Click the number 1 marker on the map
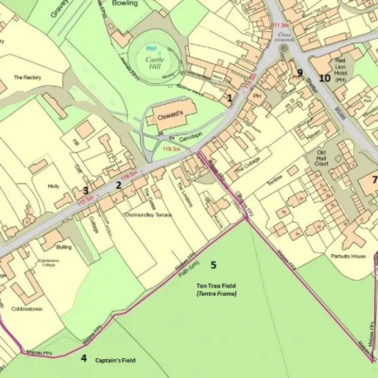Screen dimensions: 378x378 pos(229,97)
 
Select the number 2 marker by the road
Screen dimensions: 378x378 pos(119,185)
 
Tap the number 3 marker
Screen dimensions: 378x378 pos(85,190)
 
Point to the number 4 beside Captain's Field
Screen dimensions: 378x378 pos(83,359)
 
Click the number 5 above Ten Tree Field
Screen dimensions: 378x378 pos(213,265)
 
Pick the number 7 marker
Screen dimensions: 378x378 pos(374,180)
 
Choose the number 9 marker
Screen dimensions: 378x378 pos(300,72)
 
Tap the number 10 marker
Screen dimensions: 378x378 pos(325,78)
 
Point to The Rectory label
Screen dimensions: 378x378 pos(27,78)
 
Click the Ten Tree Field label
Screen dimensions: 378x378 pos(216,286)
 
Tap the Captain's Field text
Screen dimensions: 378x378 pos(115,361)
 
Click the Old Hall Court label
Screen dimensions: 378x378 pos(322,158)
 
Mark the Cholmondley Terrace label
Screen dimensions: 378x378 pos(148,215)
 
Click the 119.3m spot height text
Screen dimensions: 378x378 pos(172,149)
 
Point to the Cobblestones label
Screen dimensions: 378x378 pos(27,309)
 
